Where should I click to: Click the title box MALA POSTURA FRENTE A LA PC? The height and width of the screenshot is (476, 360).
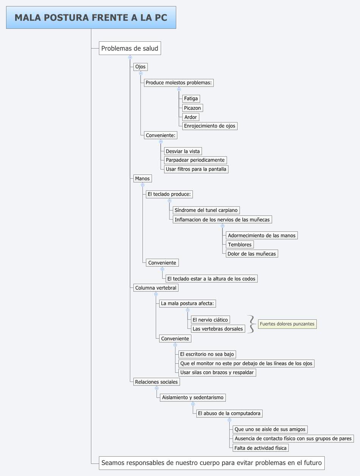click(91, 17)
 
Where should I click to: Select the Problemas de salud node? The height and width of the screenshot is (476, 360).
click(130, 48)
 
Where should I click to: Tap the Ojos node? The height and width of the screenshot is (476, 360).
click(140, 67)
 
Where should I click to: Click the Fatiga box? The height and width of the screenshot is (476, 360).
click(191, 99)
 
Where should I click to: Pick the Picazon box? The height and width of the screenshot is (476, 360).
click(193, 108)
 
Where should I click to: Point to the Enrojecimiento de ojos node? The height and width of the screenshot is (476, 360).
click(210, 126)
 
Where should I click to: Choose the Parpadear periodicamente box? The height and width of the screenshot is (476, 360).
click(195, 160)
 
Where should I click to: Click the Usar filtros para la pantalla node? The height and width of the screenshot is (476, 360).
click(196, 169)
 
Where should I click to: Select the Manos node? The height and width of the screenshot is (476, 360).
click(142, 179)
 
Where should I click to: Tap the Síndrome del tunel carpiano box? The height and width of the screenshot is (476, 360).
click(206, 210)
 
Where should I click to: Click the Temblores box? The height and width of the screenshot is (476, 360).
click(240, 245)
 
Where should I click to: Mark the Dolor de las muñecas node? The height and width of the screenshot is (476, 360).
click(252, 254)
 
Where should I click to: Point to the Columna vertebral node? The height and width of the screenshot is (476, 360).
click(156, 288)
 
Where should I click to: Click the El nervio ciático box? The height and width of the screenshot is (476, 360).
click(210, 320)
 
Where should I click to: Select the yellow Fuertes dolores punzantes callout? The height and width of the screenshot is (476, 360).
click(287, 324)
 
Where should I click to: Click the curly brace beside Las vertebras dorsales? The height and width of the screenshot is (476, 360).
click(251, 324)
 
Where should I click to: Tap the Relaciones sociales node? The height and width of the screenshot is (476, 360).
click(156, 382)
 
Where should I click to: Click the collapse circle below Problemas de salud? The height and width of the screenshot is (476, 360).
click(130, 57)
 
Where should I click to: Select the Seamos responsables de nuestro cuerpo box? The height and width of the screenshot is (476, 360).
click(211, 463)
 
